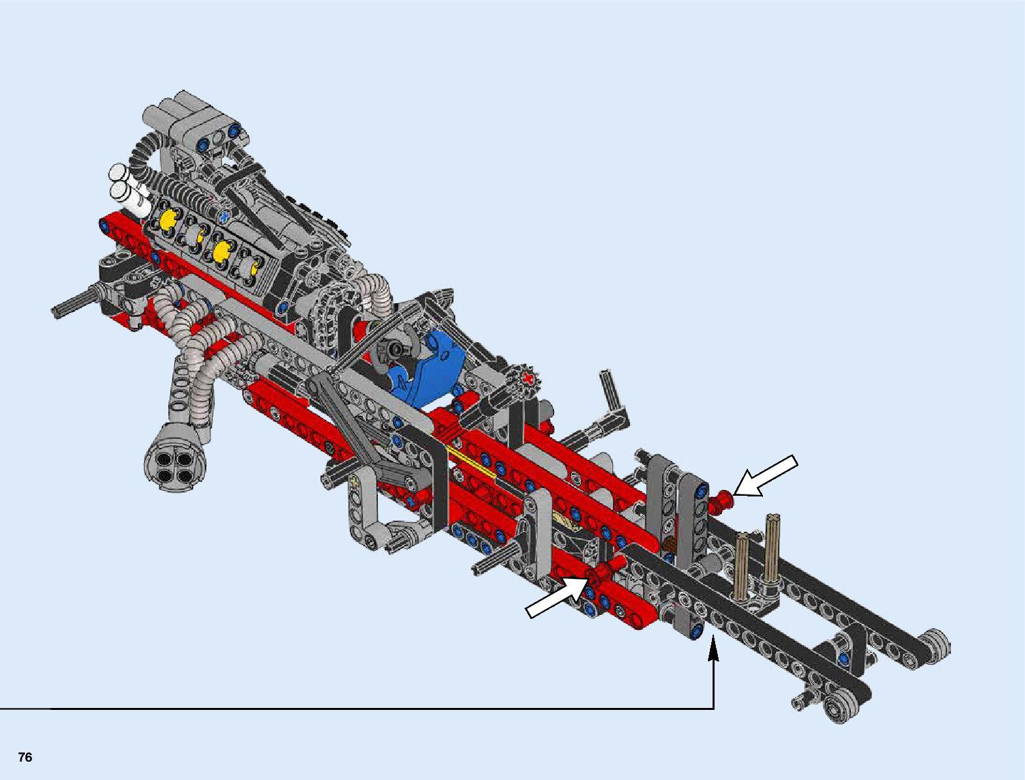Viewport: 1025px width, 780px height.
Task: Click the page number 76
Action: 26,757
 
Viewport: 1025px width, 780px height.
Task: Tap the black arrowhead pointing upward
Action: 713,648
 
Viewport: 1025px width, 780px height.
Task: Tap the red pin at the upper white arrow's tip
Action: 720,501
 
